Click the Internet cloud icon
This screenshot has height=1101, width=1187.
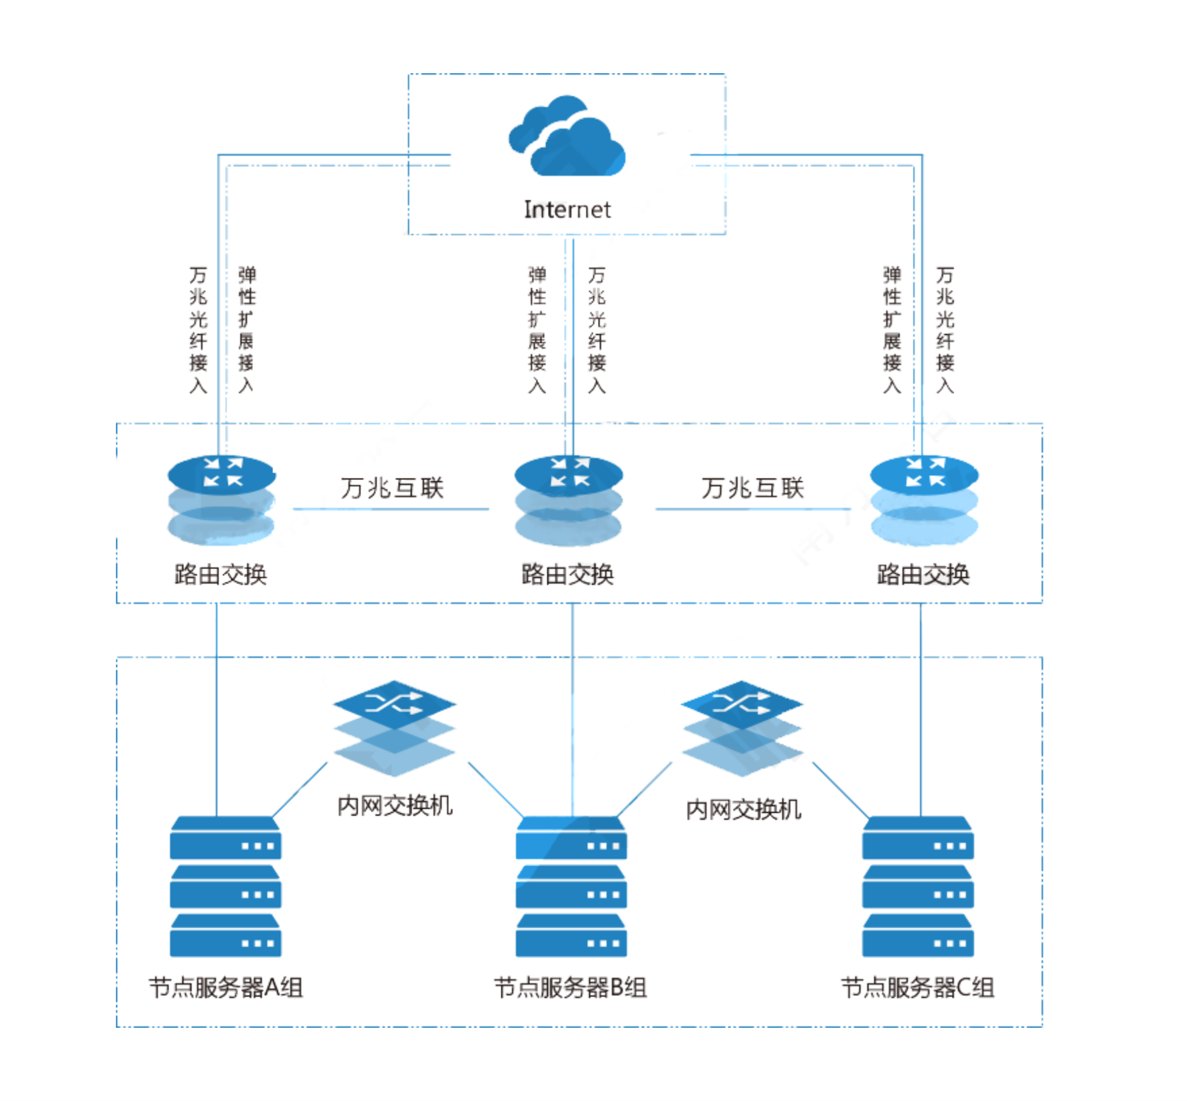pyautogui.click(x=567, y=138)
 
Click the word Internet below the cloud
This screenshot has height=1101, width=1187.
pyautogui.click(x=567, y=210)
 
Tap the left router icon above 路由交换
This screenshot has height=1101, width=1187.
pyautogui.click(x=221, y=499)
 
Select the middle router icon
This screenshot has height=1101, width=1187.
pyautogui.click(x=569, y=499)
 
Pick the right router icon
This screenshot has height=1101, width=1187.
pyautogui.click(x=924, y=499)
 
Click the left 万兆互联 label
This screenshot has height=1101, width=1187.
pyautogui.click(x=392, y=488)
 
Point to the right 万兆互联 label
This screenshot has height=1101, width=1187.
pyautogui.click(x=752, y=488)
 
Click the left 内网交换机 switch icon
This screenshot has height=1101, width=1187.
pyautogui.click(x=395, y=728)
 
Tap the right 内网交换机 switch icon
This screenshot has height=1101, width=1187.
pyautogui.click(x=742, y=728)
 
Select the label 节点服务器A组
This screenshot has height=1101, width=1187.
pyautogui.click(x=226, y=987)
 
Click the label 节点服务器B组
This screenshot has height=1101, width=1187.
pyautogui.click(x=571, y=987)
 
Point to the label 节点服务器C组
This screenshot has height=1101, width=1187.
pyautogui.click(x=917, y=987)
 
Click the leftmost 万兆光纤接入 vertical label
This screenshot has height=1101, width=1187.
pyautogui.click(x=198, y=330)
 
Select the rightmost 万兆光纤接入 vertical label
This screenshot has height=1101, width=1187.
pyautogui.click(x=945, y=330)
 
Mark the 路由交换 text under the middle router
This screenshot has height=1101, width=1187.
pyautogui.click(x=567, y=574)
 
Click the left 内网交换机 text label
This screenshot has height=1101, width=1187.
pyautogui.click(x=395, y=806)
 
